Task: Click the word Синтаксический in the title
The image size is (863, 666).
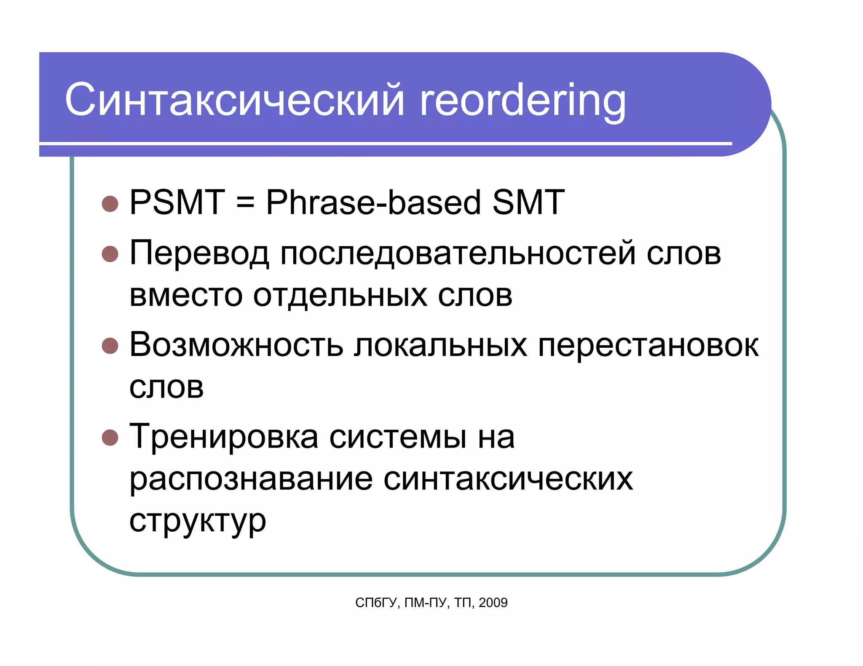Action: pos(234,100)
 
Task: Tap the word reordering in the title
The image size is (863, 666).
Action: pos(523,101)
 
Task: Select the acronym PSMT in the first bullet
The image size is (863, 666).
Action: pos(177,202)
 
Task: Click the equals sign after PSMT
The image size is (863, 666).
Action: pos(245,203)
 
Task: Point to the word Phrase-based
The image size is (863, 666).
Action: pos(373,203)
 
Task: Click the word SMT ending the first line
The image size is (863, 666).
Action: pos(528,202)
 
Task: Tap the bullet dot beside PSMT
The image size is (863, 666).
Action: pos(110,204)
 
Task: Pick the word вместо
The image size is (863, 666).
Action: pos(186,295)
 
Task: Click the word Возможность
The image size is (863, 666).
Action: pos(236,345)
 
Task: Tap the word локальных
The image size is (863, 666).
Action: pos(440,346)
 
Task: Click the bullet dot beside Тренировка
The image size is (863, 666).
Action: pos(110,437)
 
